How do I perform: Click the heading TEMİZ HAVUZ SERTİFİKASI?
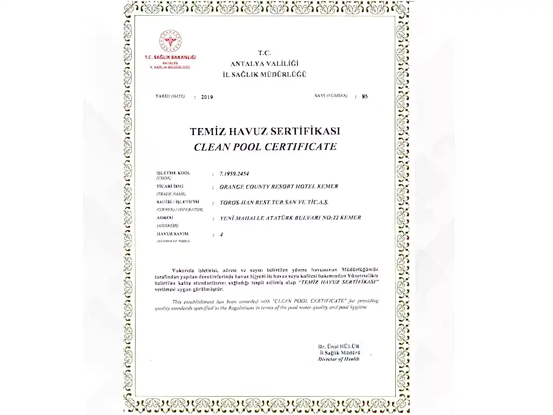coord(265,132)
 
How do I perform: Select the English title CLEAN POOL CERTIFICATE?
coord(265,146)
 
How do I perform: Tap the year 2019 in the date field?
coord(207,97)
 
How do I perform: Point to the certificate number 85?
coord(365,97)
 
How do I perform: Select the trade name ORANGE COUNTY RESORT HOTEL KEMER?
coord(279,186)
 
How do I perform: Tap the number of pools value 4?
coord(221,235)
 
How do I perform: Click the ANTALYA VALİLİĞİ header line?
coord(264,64)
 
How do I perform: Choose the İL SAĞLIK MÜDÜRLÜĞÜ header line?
coord(264,73)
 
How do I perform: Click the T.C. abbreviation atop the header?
coord(264,52)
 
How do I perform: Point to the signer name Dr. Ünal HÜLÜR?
coord(339,346)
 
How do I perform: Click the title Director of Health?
coord(339,359)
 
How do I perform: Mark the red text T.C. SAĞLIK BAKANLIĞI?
coord(170,57)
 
